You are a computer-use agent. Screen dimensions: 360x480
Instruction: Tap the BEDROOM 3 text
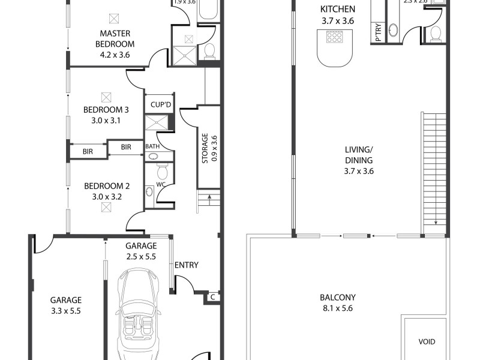click(x=106, y=110)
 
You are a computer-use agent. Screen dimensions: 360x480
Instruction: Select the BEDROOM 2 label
click(x=106, y=186)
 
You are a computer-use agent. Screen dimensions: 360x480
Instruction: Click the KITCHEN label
click(x=338, y=10)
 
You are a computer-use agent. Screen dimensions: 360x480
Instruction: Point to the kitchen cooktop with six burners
click(x=333, y=38)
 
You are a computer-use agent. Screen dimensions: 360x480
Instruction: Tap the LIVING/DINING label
click(x=359, y=155)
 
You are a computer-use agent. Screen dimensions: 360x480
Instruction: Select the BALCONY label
click(x=338, y=298)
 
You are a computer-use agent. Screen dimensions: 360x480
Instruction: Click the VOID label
click(x=427, y=342)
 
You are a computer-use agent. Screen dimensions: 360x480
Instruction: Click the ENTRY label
click(x=186, y=265)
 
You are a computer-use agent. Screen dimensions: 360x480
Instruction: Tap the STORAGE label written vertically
click(x=205, y=148)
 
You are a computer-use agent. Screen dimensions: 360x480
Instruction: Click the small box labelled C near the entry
click(x=213, y=296)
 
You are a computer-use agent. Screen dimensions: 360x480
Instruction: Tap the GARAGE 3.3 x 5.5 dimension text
click(x=67, y=311)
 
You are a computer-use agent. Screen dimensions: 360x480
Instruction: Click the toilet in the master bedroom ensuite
click(x=209, y=51)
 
